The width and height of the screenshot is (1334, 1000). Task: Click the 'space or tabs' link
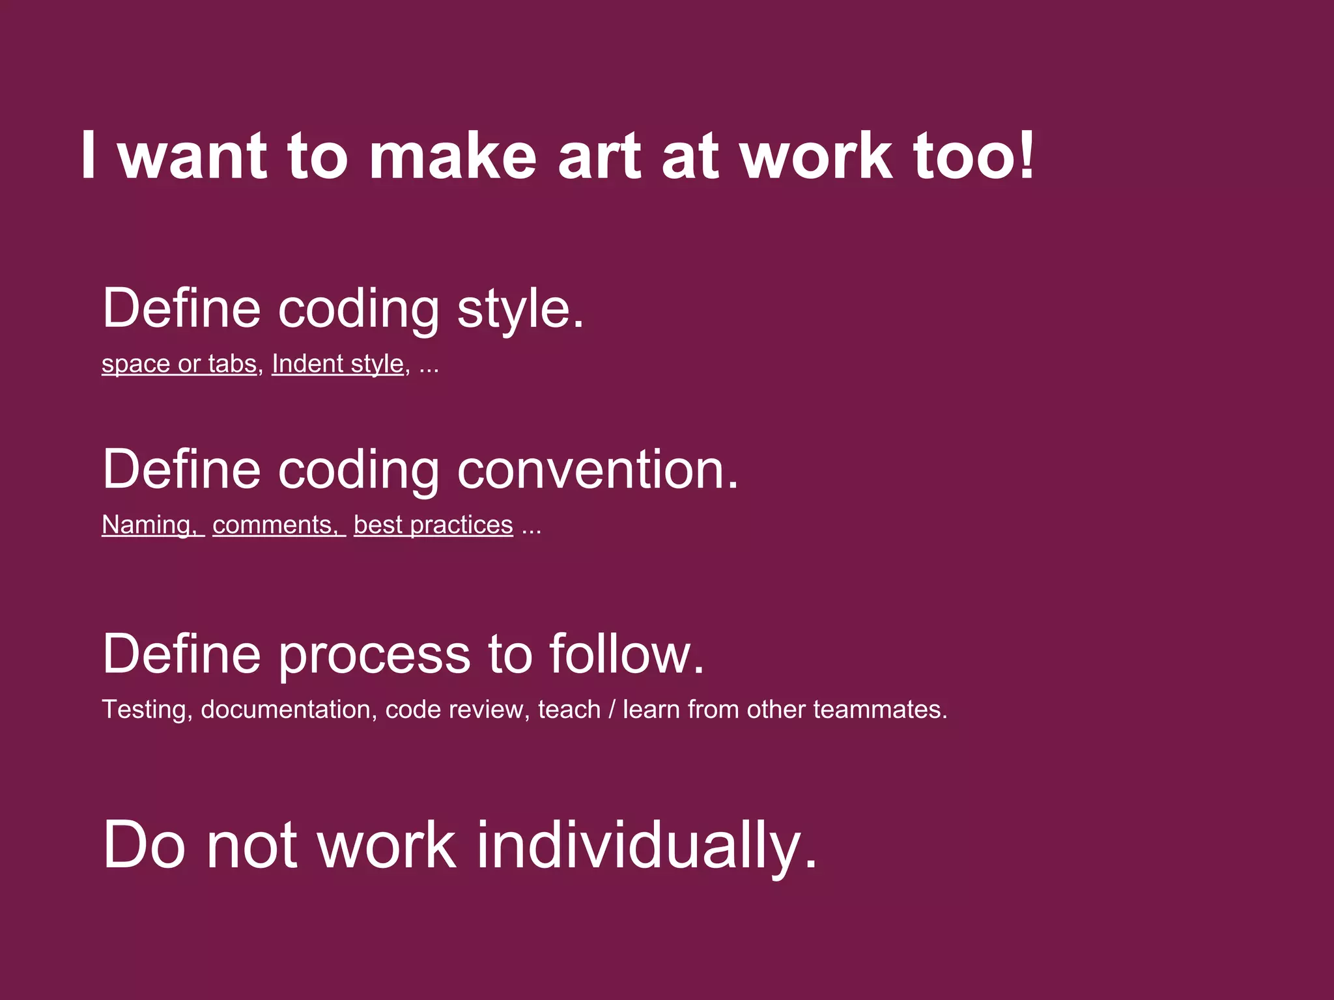pyautogui.click(x=179, y=363)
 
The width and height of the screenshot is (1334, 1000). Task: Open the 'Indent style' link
pyautogui.click(x=337, y=363)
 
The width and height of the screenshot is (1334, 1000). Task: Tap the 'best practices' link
pyautogui.click(x=433, y=525)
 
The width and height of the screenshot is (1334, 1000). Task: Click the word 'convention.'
pyautogui.click(x=598, y=469)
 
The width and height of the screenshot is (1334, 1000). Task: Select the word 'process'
pyautogui.click(x=374, y=654)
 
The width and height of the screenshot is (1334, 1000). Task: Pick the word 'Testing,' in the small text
pyautogui.click(x=147, y=710)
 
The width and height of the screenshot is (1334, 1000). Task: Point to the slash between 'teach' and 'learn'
pyautogui.click(x=612, y=710)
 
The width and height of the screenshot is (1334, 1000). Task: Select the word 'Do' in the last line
pyautogui.click(x=144, y=845)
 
